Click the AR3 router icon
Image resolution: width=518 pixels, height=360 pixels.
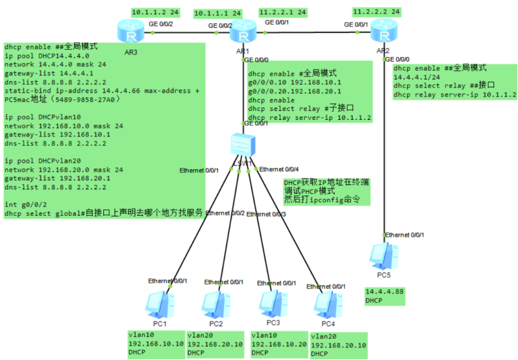[x=129, y=31]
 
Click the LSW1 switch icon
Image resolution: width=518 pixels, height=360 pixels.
[x=244, y=145]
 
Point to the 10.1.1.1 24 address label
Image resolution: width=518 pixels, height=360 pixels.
[x=218, y=12]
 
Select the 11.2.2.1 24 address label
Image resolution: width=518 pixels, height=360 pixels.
[x=282, y=12]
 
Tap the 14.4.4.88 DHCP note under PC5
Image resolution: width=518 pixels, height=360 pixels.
[x=384, y=296]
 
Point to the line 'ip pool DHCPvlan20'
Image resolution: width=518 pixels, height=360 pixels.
[x=43, y=161]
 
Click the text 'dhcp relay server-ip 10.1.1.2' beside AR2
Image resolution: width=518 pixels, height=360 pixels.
[x=455, y=94]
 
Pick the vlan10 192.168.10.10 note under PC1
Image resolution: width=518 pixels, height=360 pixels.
[x=157, y=343]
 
